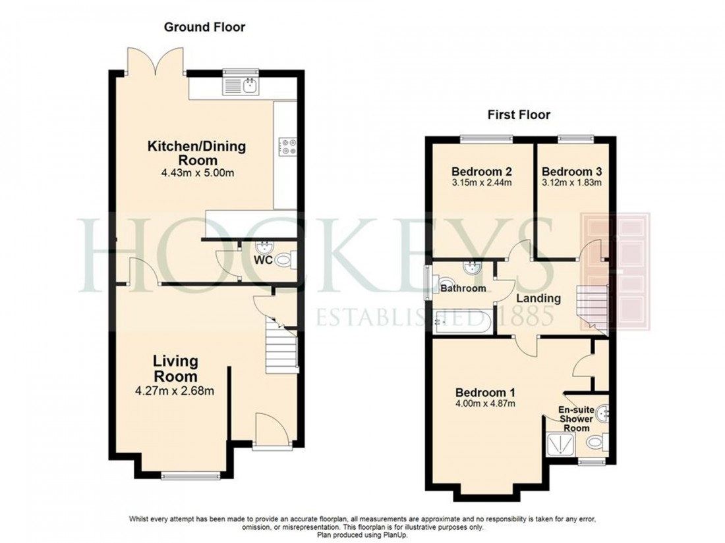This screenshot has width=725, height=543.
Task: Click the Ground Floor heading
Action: (204, 27)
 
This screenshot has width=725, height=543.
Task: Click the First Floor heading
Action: (519, 115)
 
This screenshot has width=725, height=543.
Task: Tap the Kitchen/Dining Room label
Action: (196, 153)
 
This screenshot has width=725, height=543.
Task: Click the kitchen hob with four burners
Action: (287, 146)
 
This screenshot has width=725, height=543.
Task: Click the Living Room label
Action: (175, 369)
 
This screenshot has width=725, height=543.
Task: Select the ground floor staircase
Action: (280, 343)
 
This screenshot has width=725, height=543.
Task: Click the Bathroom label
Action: (463, 288)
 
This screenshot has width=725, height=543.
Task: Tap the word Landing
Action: (538, 298)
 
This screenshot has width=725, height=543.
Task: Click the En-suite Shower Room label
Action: (574, 419)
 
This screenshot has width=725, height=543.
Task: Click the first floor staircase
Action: (591, 305)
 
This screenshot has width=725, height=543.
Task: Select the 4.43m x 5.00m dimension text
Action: (196, 173)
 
